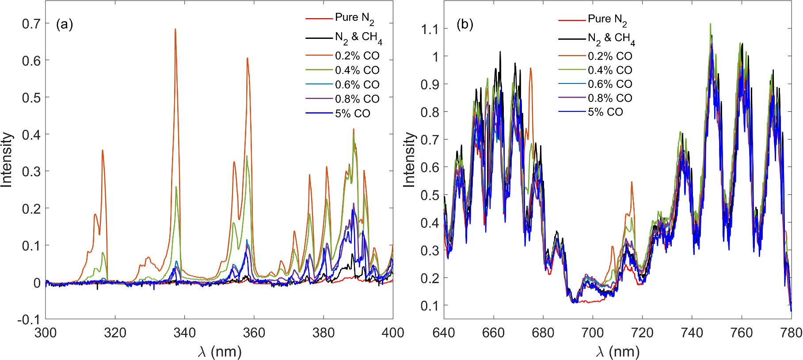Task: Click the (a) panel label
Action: point(65,25)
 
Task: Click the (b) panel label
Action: point(464,25)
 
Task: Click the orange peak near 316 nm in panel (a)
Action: point(103,151)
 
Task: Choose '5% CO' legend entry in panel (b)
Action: point(605,112)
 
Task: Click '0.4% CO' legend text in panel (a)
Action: point(357,70)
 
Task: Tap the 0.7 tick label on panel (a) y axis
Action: point(31,23)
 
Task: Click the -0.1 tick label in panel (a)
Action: point(29,319)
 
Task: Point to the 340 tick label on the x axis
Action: point(185,333)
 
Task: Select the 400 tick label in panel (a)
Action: point(392,333)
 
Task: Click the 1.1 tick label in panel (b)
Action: point(429,30)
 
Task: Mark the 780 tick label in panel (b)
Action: point(790,333)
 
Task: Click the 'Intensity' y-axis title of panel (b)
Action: point(410,159)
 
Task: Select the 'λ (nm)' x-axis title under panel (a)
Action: point(220,352)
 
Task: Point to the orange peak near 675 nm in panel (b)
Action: point(530,69)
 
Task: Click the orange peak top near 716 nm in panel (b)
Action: point(632,182)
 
